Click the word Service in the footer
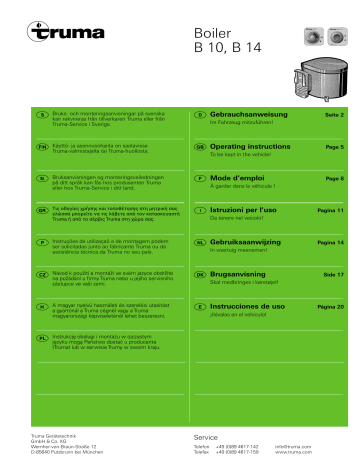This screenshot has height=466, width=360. coord(206,438)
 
